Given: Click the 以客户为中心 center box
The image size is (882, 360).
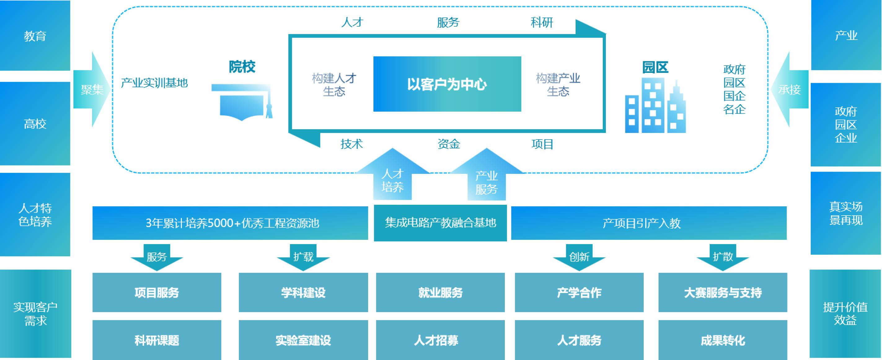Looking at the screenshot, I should tap(447, 84).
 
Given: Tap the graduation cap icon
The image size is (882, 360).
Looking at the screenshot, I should tap(242, 102).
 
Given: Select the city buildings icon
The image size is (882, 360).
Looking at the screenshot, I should tap(655, 106).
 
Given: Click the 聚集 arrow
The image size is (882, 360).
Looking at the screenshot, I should tap(92, 90).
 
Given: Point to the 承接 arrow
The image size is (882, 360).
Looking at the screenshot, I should tap(790, 90).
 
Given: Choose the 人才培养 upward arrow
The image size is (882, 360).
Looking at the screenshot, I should tap(392, 180).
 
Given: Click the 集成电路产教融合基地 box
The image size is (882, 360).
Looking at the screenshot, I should tap(440, 223).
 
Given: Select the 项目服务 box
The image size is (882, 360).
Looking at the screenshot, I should tap(157, 292).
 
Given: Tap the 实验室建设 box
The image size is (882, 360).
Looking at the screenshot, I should tap(303, 340).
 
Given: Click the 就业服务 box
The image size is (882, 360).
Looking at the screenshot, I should tap(440, 292).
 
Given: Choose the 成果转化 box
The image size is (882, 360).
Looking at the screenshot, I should tap(722, 340).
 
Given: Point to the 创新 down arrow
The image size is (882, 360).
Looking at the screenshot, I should tap(579, 257).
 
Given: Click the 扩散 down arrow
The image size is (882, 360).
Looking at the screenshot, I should tap(722, 257).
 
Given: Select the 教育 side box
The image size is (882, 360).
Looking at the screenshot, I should tap(35, 36).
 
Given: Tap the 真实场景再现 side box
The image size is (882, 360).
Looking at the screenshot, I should tap(845, 213).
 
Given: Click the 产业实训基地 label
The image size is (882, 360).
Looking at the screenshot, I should tap(154, 83).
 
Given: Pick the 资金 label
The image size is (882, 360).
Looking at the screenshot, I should tap(448, 144).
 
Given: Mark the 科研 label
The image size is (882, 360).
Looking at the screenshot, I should tap(542, 23).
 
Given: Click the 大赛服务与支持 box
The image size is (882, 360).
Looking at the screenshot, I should tap(722, 292).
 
